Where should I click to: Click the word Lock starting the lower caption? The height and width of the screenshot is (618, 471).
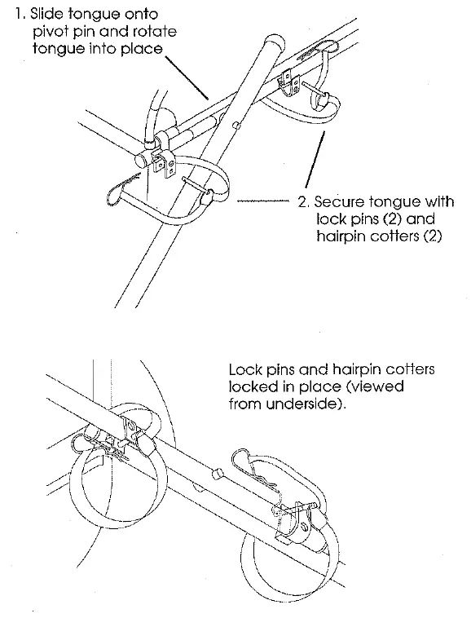pyautogui.click(x=245, y=369)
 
